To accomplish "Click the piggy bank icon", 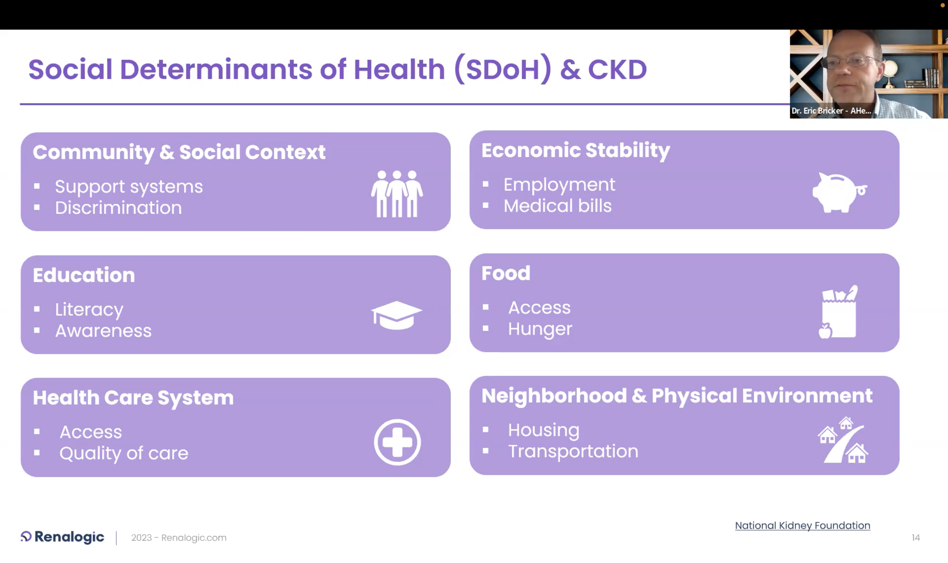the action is pyautogui.click(x=839, y=193).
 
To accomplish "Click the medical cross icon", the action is pyautogui.click(x=397, y=442).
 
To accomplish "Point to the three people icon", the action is pyautogui.click(x=397, y=194).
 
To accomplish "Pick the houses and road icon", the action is pyautogui.click(x=843, y=440).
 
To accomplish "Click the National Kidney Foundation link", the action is pyautogui.click(x=803, y=525).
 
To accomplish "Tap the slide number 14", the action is pyautogui.click(x=916, y=538).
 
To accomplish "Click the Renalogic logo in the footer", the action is pyautogui.click(x=62, y=537).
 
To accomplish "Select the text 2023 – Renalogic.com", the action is pyautogui.click(x=179, y=538).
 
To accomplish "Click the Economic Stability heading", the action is pyautogui.click(x=576, y=150).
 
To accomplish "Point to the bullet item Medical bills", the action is pyautogui.click(x=557, y=206).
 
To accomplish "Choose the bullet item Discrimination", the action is pyautogui.click(x=118, y=208).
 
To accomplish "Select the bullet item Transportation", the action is pyautogui.click(x=573, y=451).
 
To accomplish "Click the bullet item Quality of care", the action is pyautogui.click(x=124, y=453).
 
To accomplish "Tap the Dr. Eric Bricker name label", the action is pyautogui.click(x=831, y=111).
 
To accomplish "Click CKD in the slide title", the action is pyautogui.click(x=617, y=70).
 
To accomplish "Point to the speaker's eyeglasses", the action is pyautogui.click(x=854, y=62).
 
